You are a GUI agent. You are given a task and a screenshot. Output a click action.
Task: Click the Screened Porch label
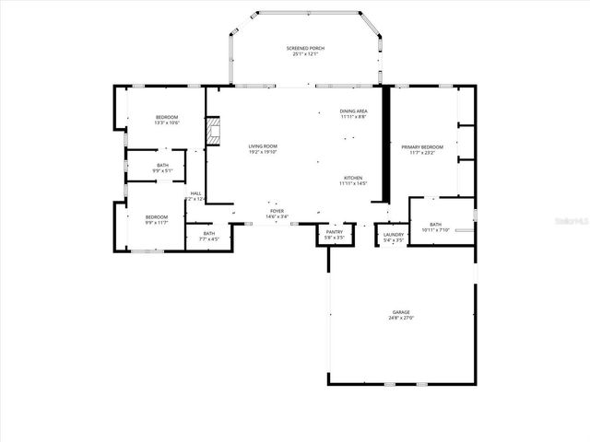(x=304, y=48)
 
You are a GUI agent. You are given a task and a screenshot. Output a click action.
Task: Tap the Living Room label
(x=263, y=146)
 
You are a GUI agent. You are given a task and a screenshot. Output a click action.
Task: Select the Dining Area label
(x=353, y=110)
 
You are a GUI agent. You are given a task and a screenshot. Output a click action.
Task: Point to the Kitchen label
(x=353, y=178)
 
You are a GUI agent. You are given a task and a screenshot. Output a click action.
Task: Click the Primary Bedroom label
(x=422, y=147)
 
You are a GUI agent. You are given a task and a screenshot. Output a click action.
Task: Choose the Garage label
(x=401, y=312)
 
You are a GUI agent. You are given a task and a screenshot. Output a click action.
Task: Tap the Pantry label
(x=334, y=232)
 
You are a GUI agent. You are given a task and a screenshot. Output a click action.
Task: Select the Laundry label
(x=394, y=234)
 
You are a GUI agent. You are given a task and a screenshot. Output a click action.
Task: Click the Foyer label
(x=277, y=211)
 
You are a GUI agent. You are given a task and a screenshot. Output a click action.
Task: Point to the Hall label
(x=195, y=193)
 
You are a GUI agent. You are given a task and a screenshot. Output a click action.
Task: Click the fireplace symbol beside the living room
(x=214, y=131)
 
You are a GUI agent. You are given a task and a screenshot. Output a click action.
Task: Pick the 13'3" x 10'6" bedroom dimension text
(x=167, y=122)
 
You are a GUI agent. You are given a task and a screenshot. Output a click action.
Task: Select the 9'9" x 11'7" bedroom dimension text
(x=157, y=222)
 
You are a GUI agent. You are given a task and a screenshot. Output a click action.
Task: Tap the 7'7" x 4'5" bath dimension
(x=209, y=238)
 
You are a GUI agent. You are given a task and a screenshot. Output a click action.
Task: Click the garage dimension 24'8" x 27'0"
(x=401, y=319)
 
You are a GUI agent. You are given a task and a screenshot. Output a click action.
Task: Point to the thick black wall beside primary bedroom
(x=387, y=143)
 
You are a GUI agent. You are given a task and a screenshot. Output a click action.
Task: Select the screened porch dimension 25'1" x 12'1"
(x=304, y=54)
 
